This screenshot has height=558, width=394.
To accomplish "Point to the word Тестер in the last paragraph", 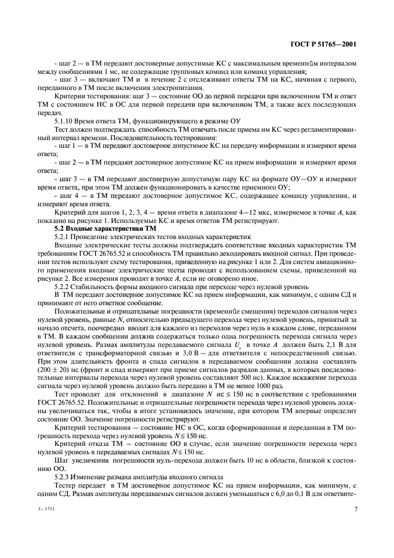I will tap(66, 486).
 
